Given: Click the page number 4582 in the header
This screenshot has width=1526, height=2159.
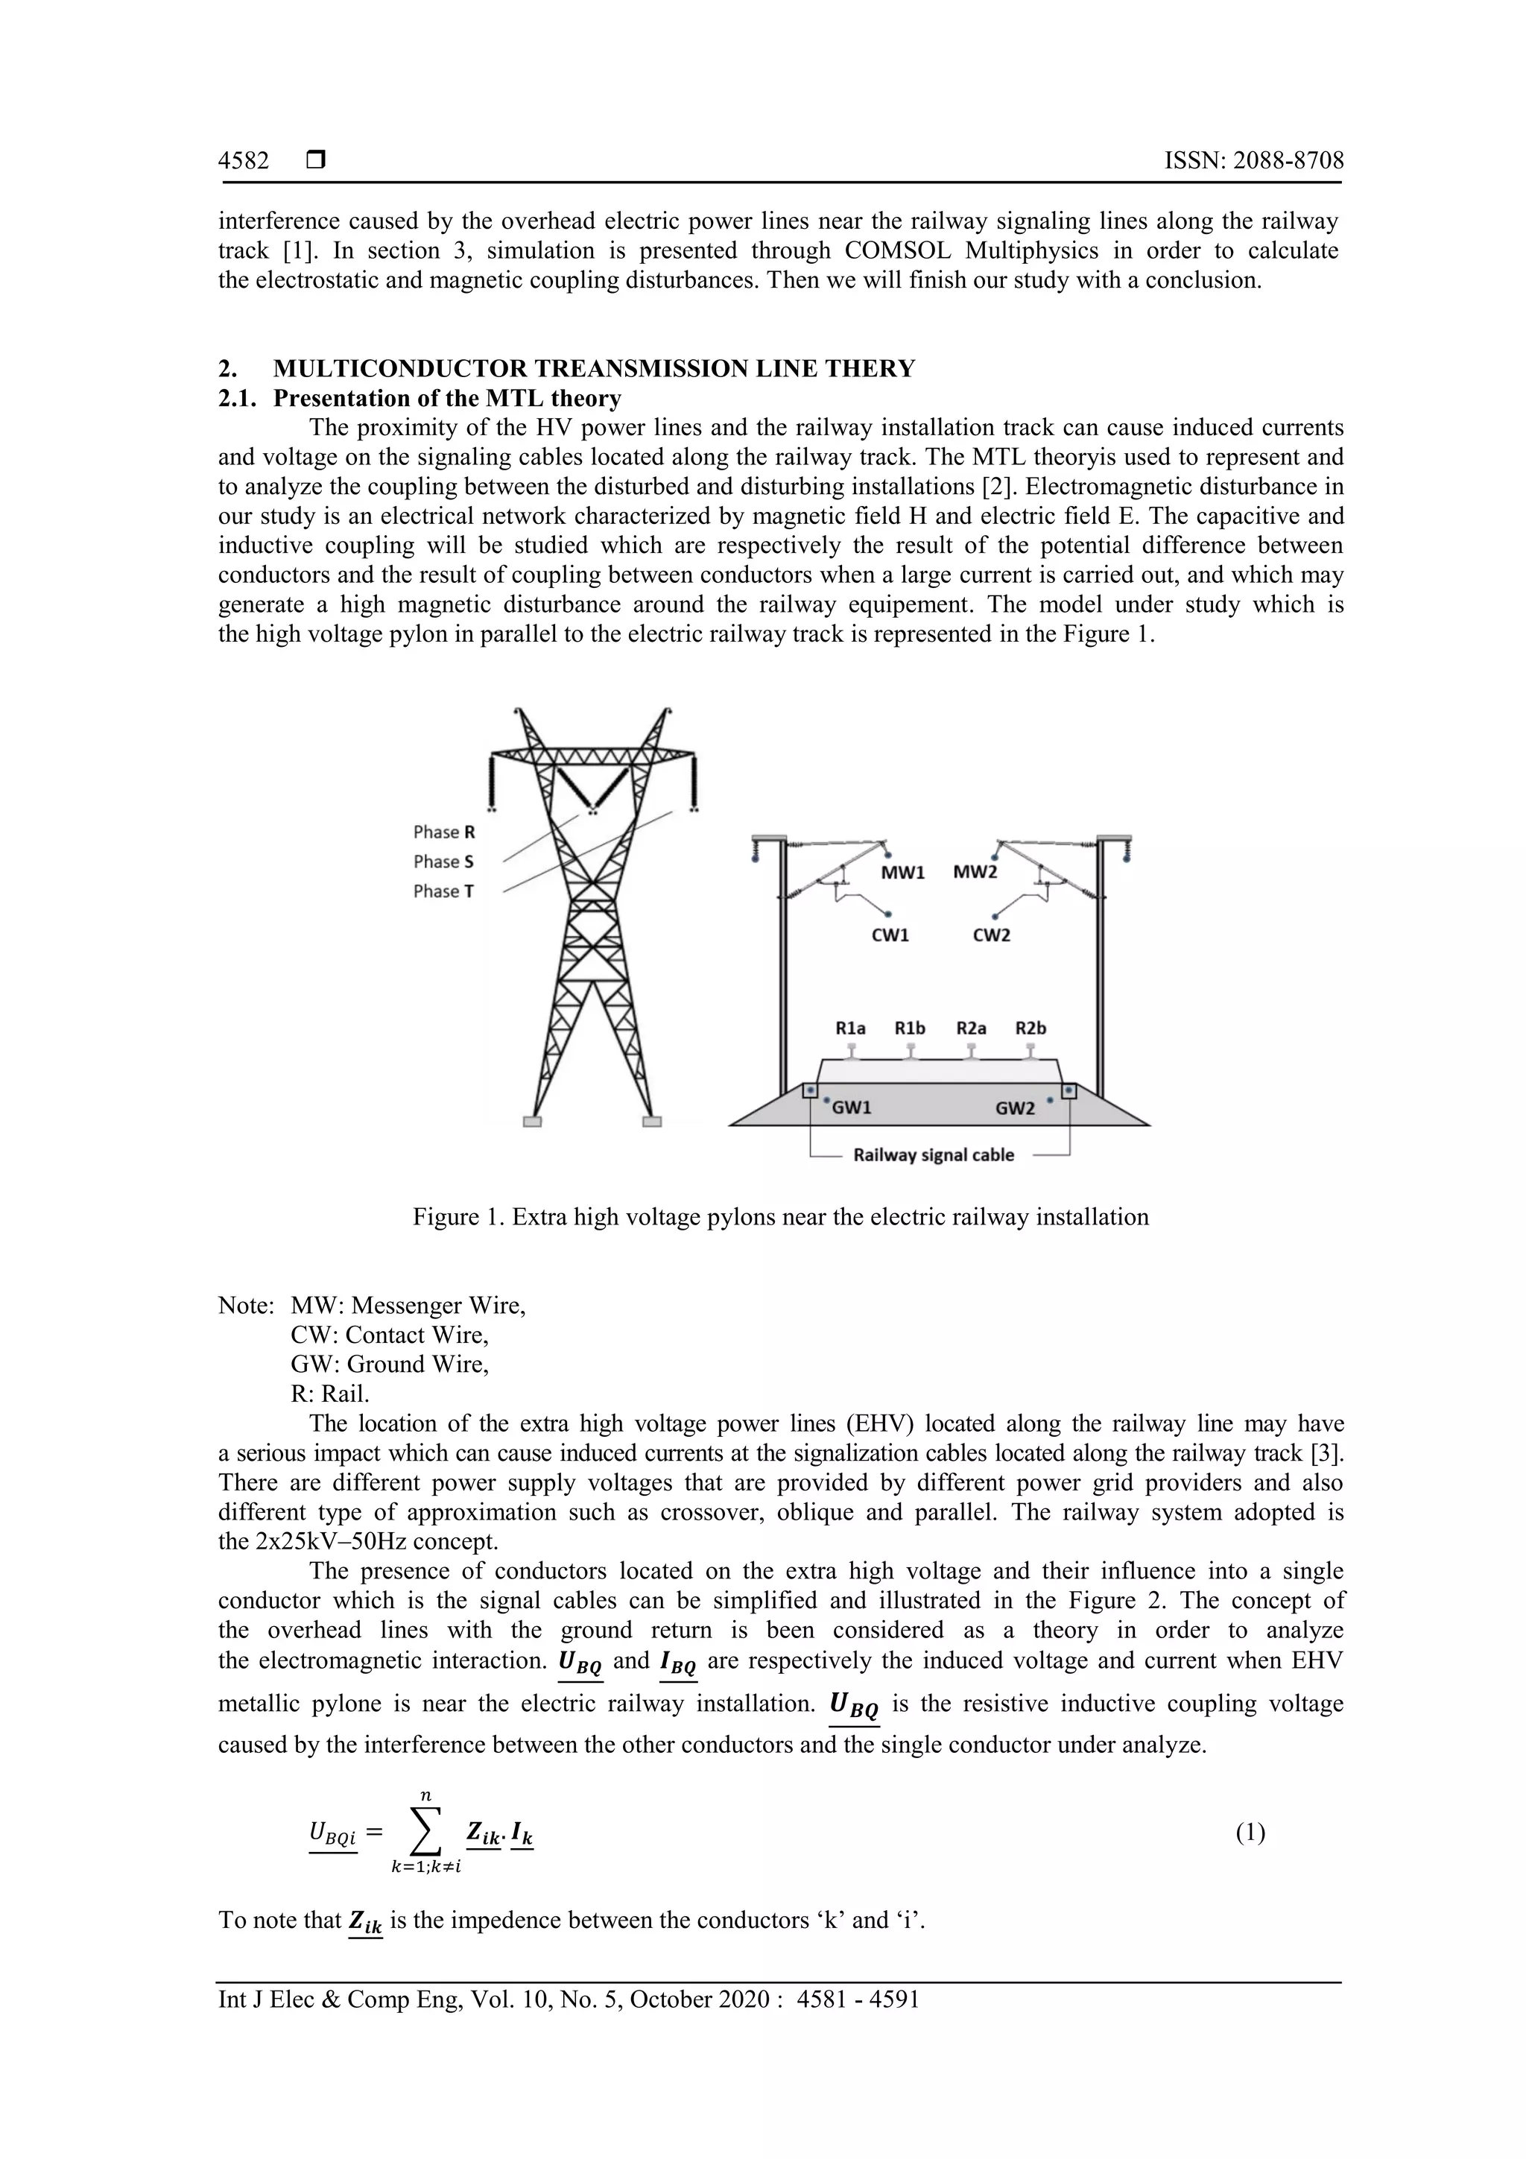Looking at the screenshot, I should point(244,161).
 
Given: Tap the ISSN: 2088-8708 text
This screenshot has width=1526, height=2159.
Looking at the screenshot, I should point(1253,161).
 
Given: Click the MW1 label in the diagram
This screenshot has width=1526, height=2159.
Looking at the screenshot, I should point(902,873).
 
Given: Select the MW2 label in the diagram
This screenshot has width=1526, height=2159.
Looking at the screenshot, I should point(974,872).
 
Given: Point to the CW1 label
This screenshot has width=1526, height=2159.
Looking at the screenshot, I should point(890,935).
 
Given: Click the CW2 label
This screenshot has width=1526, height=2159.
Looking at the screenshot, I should point(991,935).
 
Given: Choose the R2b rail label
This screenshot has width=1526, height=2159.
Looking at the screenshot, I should point(1030,1028).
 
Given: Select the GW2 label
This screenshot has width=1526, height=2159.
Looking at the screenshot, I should point(1015,1109).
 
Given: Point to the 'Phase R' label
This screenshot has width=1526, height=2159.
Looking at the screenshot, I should point(444,832).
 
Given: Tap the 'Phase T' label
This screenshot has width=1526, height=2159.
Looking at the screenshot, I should point(444,891).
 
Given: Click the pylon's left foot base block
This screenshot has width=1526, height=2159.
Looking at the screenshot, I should point(532,1121).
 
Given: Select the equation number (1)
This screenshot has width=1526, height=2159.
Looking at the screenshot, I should point(1250,1833).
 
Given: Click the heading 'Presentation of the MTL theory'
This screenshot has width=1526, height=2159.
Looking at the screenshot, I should point(446,399).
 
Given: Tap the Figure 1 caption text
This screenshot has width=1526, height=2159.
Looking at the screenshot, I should point(780,1217).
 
